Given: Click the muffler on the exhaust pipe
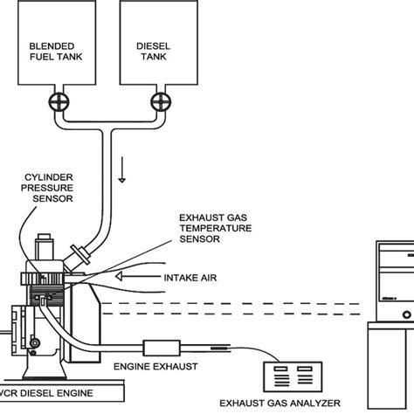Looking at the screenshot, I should (161, 346).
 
